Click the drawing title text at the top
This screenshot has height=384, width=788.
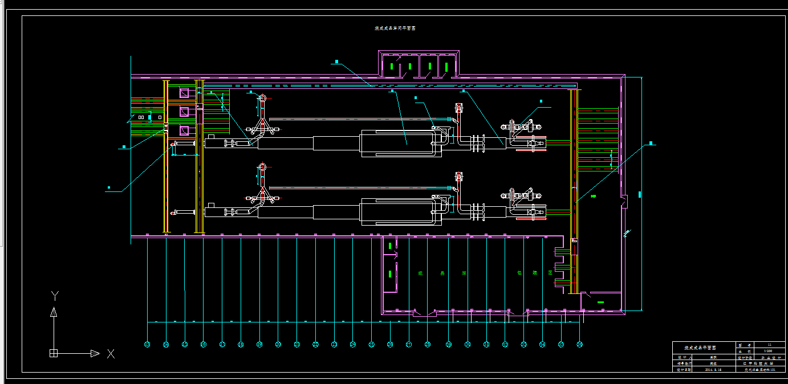point(395,28)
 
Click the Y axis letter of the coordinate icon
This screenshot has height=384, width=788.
point(55,295)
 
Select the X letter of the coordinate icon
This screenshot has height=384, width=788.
point(111,354)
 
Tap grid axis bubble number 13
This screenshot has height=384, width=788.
point(147,344)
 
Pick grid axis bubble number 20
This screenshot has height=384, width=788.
point(278,344)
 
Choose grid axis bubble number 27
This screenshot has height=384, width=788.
point(409,344)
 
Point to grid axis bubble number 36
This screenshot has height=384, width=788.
point(579,344)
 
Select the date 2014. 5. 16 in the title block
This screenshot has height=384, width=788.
point(713,369)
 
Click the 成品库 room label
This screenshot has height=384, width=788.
point(441,273)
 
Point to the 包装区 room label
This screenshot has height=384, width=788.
point(535,273)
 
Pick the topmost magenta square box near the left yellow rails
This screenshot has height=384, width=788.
point(184,92)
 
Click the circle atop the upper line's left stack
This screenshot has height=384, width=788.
point(262,99)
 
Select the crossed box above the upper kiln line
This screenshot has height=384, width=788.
point(458,107)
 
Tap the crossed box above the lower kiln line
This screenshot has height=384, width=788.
point(458,176)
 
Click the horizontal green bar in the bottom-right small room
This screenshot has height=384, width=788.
point(600,301)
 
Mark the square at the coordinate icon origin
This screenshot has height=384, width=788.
point(54,353)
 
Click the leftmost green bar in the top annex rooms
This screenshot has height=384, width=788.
point(391,67)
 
